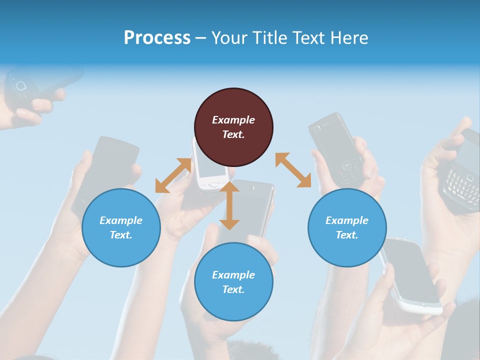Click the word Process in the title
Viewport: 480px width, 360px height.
point(157,38)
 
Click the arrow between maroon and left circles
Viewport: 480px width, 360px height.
point(173,175)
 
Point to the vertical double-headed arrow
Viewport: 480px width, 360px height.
point(229,206)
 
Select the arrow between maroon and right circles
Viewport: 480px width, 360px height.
point(293,170)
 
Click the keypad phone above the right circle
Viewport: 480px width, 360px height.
point(336,148)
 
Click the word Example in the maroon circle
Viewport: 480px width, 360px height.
point(233,120)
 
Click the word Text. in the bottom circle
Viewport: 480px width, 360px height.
point(233,289)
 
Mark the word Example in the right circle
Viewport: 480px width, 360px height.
point(347,220)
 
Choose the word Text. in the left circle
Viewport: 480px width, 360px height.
point(121,235)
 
